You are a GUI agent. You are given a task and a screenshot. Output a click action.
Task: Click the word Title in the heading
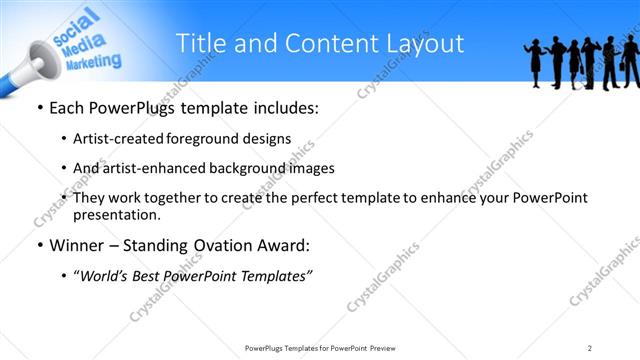coord(200,43)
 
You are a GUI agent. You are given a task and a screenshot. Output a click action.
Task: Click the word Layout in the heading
coord(425,43)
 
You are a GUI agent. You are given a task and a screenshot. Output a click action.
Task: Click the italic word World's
coord(110,276)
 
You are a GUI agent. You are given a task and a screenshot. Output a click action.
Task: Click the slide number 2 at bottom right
coord(589,348)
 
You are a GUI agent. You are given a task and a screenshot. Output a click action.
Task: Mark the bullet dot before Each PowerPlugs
coord(39,108)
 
